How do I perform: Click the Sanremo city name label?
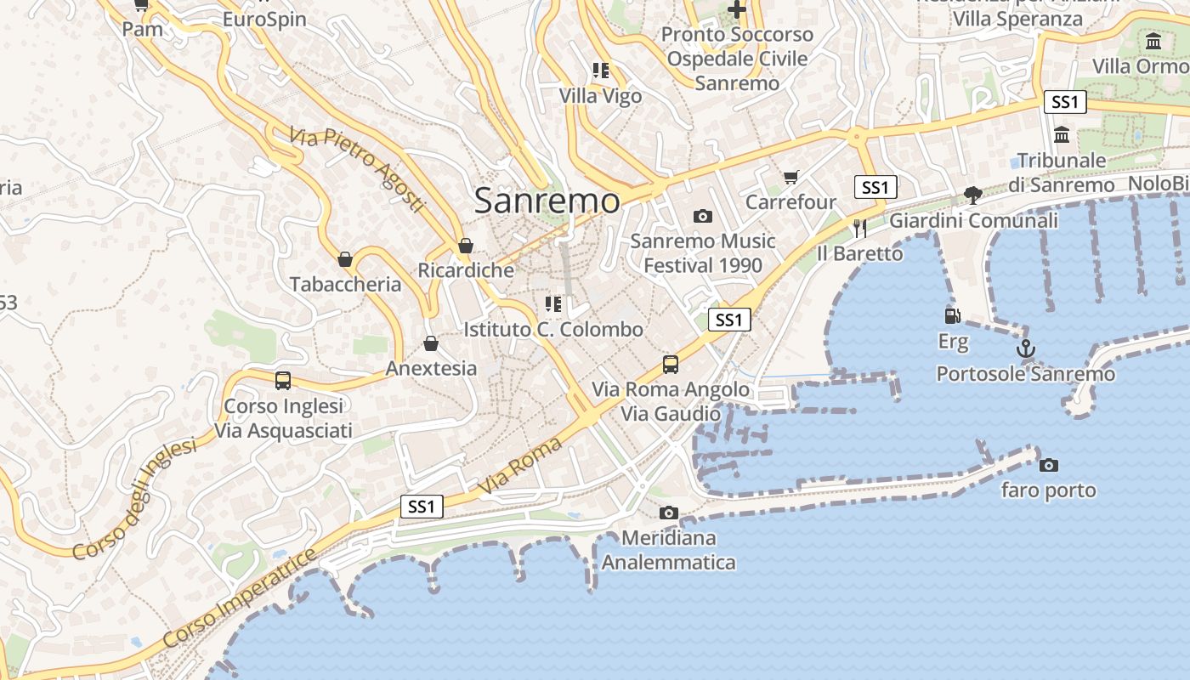pos(547,201)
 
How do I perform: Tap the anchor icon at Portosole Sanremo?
pos(1026,348)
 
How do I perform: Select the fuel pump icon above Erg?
pos(953,316)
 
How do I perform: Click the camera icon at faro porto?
pos(1049,465)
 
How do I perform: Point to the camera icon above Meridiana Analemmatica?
pos(669,513)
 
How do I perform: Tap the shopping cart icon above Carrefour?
pos(791,177)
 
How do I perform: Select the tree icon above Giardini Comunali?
pos(973,195)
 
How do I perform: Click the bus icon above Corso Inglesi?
pos(283,381)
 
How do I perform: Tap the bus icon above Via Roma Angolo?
pos(671,365)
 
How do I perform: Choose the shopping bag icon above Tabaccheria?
pos(345,259)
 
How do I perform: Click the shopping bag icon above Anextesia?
pos(431,343)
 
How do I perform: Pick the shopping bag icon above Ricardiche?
pos(465,246)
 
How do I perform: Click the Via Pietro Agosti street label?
pos(356,170)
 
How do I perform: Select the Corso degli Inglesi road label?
pos(133,499)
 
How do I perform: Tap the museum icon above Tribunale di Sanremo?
pos(1062,134)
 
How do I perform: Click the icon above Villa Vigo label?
pos(601,71)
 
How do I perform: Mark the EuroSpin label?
pos(264,19)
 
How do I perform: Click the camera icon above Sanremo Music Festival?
pos(702,216)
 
